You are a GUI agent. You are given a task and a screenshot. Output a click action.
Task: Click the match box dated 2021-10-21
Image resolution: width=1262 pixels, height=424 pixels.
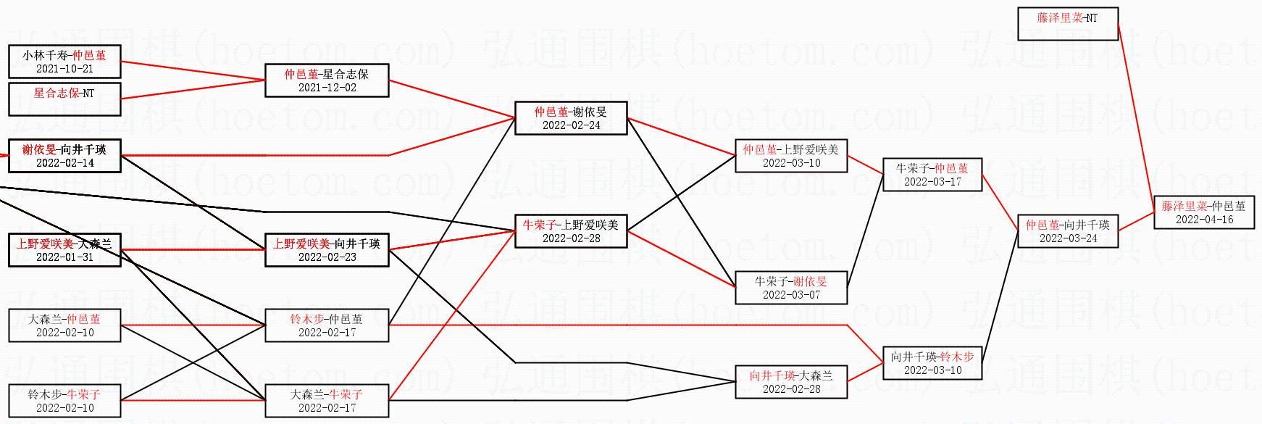click(x=64, y=62)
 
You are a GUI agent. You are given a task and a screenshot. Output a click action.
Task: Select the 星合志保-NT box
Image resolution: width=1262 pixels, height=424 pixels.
click(x=64, y=99)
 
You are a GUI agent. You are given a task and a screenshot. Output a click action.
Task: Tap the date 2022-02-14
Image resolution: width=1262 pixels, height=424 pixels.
click(x=64, y=163)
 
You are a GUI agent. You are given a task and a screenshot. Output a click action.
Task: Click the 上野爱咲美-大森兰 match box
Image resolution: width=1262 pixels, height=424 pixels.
click(x=64, y=250)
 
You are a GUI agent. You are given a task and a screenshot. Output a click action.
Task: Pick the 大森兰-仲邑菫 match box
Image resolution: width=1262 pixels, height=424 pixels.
click(x=64, y=325)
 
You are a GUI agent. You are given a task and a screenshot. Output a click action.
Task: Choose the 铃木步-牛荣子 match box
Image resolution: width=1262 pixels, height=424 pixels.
click(x=64, y=401)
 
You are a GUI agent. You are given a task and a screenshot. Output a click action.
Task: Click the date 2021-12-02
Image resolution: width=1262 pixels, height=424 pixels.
click(x=327, y=88)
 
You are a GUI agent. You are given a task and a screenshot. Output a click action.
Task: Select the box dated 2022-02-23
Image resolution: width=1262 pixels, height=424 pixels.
click(x=327, y=250)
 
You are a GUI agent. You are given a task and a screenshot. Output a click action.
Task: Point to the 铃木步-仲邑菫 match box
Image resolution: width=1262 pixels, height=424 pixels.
click(x=327, y=325)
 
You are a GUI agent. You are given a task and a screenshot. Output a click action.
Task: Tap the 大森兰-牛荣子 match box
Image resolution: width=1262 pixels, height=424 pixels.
click(x=327, y=401)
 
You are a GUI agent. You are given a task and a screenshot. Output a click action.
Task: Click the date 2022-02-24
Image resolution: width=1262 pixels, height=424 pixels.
click(x=571, y=125)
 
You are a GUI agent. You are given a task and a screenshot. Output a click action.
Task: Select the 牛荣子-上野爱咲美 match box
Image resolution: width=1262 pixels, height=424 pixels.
click(x=571, y=231)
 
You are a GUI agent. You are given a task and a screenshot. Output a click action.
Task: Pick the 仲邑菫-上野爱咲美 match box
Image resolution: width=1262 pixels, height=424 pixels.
click(x=791, y=156)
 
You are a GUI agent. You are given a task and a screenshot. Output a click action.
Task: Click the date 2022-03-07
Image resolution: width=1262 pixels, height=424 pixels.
click(x=791, y=295)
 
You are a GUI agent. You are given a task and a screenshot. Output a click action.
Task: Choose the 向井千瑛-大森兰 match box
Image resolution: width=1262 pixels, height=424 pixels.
click(x=791, y=382)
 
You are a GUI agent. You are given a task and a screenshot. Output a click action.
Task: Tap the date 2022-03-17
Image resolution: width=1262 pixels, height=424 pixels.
click(x=932, y=182)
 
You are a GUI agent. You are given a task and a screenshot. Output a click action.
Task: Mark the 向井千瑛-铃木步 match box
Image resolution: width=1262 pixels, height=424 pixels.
click(x=932, y=363)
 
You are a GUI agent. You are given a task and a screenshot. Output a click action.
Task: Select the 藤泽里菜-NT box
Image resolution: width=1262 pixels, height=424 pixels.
click(x=1068, y=24)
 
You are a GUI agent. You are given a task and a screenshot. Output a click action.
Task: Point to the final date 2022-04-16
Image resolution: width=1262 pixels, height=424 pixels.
click(x=1204, y=220)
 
